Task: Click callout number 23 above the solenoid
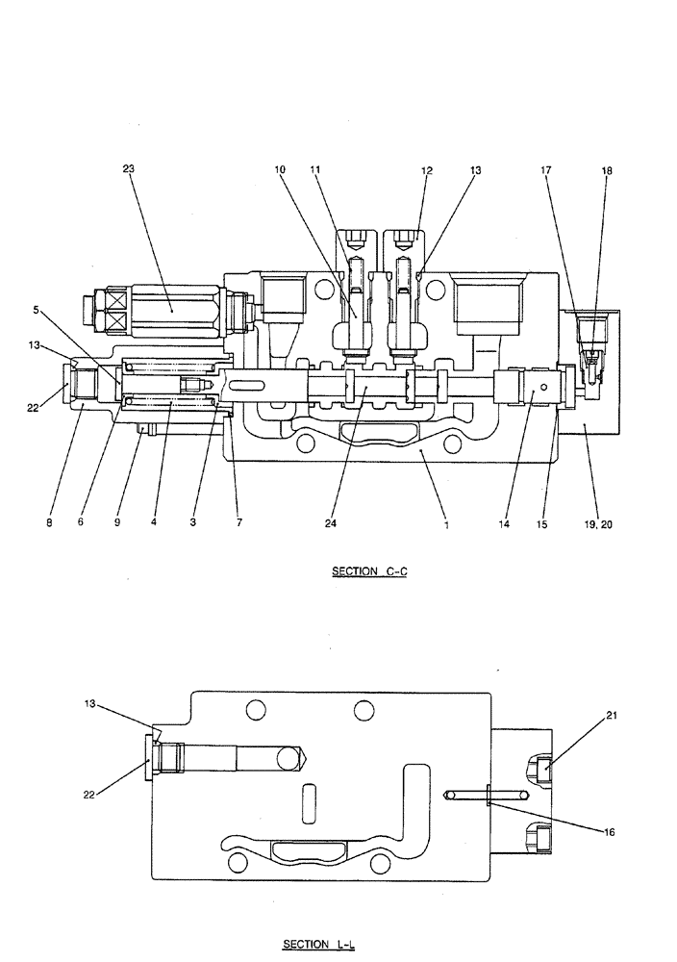coord(129,168)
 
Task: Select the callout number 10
coord(280,169)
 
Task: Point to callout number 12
coord(427,170)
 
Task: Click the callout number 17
coord(546,170)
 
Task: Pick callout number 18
coord(607,170)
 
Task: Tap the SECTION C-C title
coord(370,571)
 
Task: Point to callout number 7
coord(239,524)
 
